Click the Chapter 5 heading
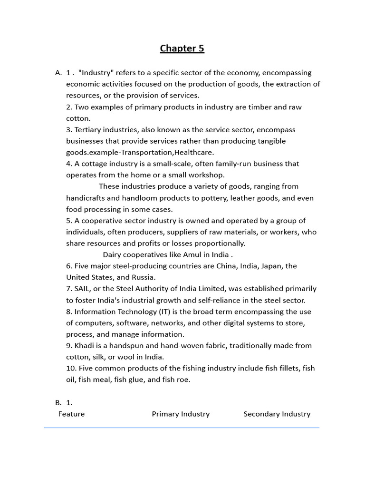(182, 48)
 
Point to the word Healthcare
(195, 153)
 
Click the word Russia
(144, 277)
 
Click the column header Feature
(71, 414)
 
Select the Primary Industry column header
(181, 414)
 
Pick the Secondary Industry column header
(277, 414)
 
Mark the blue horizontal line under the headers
(182, 428)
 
